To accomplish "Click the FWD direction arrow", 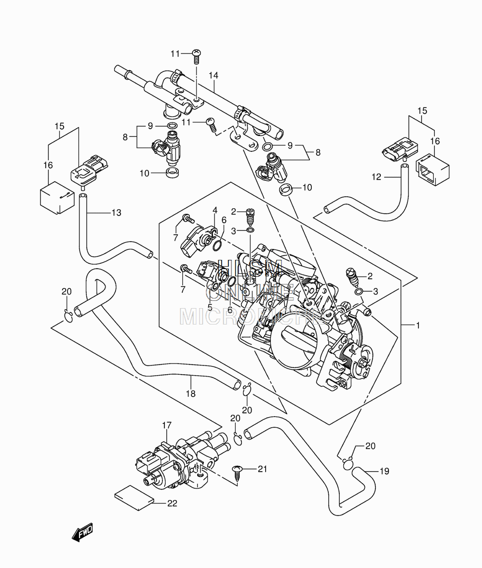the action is tap(82, 532).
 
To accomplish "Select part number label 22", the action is tap(172, 503).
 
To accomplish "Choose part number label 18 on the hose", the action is tap(190, 393).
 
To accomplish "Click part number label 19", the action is tap(384, 471).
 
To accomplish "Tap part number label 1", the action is tap(417, 325).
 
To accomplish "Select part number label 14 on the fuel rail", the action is tap(214, 75).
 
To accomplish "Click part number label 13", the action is tap(116, 212).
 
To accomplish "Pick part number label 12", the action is tap(376, 177).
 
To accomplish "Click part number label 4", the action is tap(215, 210).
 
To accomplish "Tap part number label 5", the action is tap(210, 308).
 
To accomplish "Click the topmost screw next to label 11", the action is tap(196, 56).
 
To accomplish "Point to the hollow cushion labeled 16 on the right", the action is tap(433, 170).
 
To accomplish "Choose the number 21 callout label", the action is tap(262, 469).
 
